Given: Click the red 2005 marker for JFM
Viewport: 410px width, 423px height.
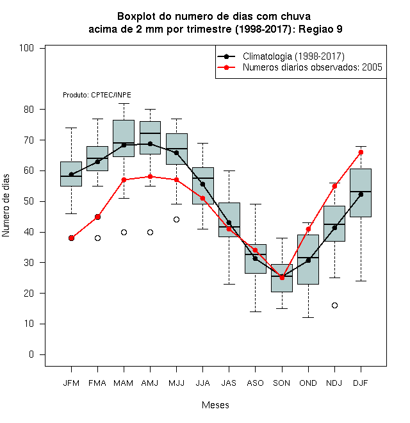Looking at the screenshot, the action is pyautogui.click(x=71, y=238).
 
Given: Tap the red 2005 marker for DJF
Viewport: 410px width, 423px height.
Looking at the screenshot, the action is pyautogui.click(x=361, y=153).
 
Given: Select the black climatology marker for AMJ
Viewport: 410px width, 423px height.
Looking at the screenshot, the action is pyautogui.click(x=151, y=144).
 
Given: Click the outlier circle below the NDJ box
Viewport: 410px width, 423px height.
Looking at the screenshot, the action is pyautogui.click(x=334, y=305).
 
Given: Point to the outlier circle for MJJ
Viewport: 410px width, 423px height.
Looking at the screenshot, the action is pyautogui.click(x=176, y=220).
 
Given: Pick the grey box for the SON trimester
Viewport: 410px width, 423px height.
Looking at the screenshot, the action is pyautogui.click(x=282, y=278).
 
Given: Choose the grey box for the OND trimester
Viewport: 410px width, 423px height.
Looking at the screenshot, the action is pyautogui.click(x=308, y=260).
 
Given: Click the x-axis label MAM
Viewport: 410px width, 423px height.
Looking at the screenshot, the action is pyautogui.click(x=124, y=383).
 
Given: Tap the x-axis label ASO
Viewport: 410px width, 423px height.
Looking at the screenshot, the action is pyautogui.click(x=255, y=383).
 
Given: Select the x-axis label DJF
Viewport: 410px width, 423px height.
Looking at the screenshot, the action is pyautogui.click(x=361, y=383).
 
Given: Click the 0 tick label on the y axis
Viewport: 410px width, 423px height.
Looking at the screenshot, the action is pyautogui.click(x=31, y=354).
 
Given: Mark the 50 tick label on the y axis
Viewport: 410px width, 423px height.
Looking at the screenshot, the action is pyautogui.click(x=29, y=201).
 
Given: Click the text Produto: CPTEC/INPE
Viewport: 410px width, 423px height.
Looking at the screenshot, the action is pyautogui.click(x=97, y=95).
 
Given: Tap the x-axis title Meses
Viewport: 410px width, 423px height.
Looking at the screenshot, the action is pyautogui.click(x=215, y=405).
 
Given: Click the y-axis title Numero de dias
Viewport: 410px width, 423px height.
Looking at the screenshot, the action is pyautogui.click(x=6, y=206).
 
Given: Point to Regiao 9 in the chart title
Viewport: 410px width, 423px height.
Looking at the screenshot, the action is pyautogui.click(x=320, y=29).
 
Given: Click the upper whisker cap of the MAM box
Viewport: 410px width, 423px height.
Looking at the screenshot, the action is pyautogui.click(x=124, y=103).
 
